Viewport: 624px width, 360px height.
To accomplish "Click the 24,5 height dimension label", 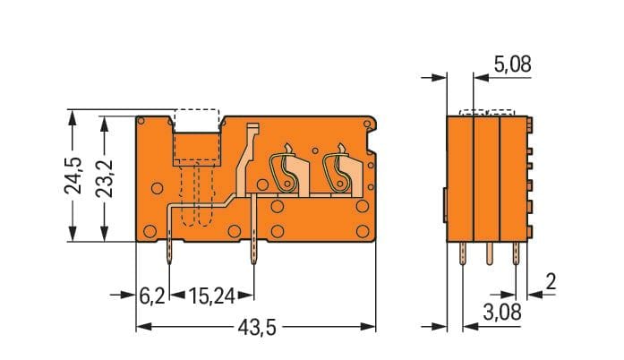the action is point(74,176).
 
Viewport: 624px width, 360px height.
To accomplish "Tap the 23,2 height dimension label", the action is point(105,179).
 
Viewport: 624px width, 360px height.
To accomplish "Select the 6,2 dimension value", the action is point(151,296).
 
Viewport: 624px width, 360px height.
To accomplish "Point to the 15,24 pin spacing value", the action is point(211,296).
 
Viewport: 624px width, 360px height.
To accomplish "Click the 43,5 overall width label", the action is point(257,328).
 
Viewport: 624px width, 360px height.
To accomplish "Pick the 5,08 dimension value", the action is point(513,64).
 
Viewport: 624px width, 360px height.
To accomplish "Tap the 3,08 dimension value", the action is point(502,313).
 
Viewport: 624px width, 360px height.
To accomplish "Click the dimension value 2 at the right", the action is point(551,281).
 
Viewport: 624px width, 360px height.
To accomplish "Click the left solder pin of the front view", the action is point(169,253).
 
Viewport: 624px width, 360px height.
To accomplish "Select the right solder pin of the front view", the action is point(253,253).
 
